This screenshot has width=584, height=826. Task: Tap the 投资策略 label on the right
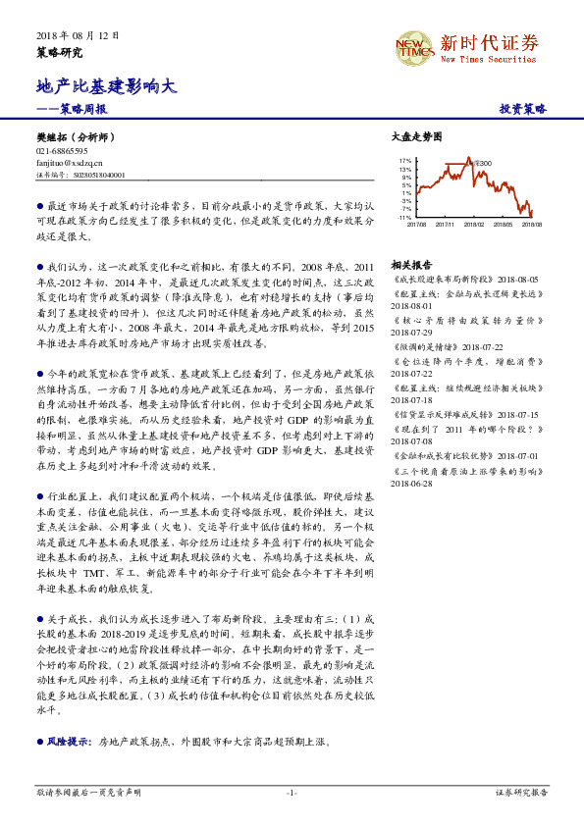[522, 109]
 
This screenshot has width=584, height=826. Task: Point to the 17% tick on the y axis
[405, 159]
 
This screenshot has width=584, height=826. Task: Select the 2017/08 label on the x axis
[416, 224]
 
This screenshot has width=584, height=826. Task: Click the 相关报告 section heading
[410, 265]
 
